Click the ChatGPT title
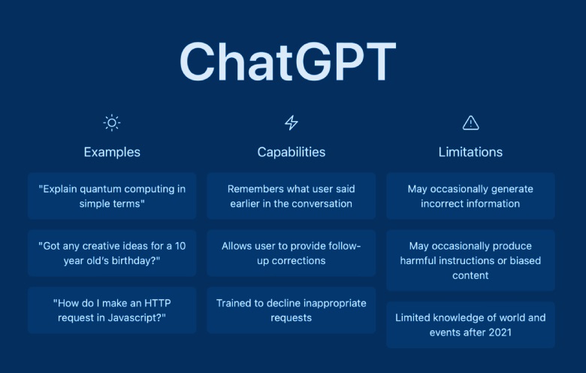point(287,61)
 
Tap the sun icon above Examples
point(112,123)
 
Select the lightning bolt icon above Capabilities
point(291,123)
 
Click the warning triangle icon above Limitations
point(470,123)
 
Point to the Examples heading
point(112,152)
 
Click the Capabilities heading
point(291,152)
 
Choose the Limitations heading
point(470,152)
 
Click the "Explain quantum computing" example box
point(112,196)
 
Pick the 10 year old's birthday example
point(112,253)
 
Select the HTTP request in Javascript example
point(112,310)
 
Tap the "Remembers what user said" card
point(291,196)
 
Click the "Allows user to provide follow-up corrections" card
point(291,253)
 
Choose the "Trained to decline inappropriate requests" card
point(291,310)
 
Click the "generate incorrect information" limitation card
point(470,196)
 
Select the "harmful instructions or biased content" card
point(470,260)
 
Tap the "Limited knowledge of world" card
point(470,324)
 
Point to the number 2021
point(498,332)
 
